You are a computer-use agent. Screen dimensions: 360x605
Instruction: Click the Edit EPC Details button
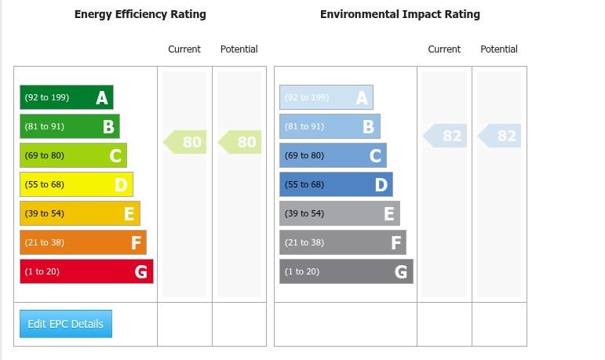pos(66,324)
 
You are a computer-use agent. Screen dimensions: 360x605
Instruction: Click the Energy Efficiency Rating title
pos(140,14)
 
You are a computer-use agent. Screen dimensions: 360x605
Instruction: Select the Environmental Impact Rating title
pos(399,14)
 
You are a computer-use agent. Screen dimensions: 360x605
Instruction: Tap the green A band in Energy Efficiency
pos(67,97)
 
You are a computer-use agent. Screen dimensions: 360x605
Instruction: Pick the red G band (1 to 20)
pos(86,271)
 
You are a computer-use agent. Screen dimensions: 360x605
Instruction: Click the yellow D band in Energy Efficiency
pos(76,184)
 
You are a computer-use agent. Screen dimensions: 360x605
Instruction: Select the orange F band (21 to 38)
pos(83,242)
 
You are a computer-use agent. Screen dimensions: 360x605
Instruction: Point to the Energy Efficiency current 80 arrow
pos(186,142)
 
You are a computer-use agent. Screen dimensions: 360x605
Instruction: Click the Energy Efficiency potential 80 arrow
pos(241,142)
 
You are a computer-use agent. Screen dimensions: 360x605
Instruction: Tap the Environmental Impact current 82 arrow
pos(446,136)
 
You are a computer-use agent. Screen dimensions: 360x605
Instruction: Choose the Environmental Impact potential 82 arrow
pos(501,136)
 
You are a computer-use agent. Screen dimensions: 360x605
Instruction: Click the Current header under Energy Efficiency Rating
pos(184,49)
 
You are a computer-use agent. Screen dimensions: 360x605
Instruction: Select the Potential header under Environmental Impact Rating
pos(499,49)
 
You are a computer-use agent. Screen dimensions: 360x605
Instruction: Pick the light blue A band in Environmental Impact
pos(326,97)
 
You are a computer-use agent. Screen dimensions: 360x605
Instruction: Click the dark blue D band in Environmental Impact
pos(336,184)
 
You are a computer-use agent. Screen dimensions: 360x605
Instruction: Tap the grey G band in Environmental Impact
pos(346,271)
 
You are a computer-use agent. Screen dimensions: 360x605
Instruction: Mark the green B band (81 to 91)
pos(70,126)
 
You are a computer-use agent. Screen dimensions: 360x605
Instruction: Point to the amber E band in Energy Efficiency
pos(80,213)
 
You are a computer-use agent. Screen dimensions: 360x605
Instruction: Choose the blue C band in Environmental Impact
pos(333,155)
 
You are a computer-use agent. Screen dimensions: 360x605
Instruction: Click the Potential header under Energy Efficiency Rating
pos(239,49)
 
